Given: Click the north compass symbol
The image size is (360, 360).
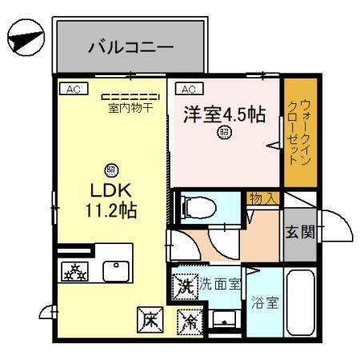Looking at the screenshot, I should tap(23, 39).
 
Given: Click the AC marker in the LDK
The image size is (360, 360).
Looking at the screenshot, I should tap(71, 88).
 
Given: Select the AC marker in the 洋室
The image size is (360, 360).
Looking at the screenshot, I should tap(190, 88).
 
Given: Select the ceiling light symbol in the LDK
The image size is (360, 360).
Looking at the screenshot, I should tap(110, 170).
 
